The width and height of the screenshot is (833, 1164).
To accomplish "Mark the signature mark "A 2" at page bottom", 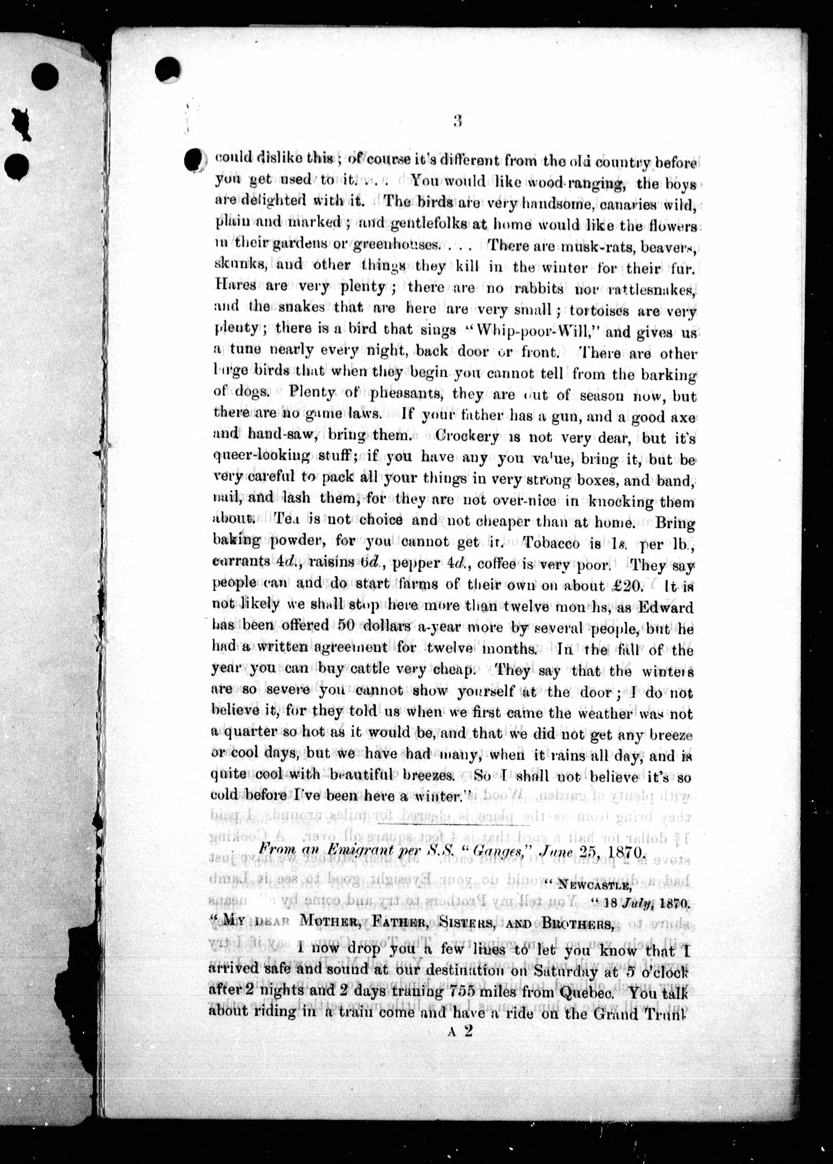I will tap(460, 1032).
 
